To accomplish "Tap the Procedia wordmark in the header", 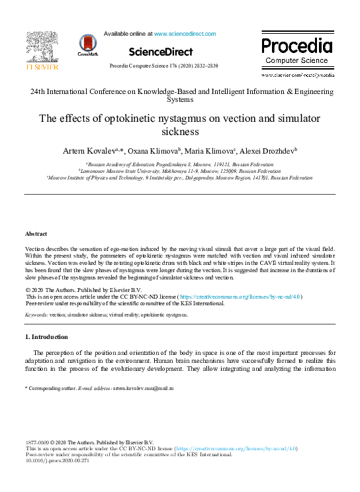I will pos(296,46).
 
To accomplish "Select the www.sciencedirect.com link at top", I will pos(185,34).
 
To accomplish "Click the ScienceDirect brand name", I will pos(161,52).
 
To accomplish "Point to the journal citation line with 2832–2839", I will pos(163,66).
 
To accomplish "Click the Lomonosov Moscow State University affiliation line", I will pos(180,170).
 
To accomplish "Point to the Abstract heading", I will pos(36,234).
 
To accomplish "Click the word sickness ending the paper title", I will pos(180,131).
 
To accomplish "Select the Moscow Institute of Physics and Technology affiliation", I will pos(180,177).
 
